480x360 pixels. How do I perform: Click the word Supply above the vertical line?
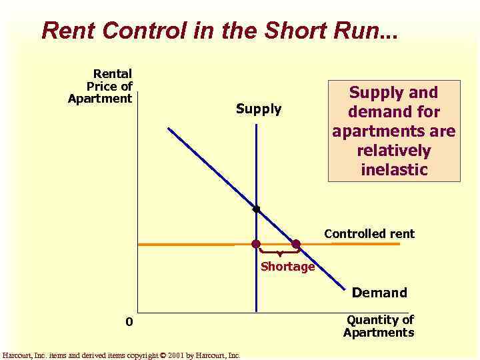coord(259,109)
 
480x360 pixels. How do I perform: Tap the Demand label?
coord(379,292)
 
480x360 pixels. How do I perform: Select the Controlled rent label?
coord(369,233)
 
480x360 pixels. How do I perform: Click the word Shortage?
coord(287,267)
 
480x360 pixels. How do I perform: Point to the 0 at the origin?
coord(130,323)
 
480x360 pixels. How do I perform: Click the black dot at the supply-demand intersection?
coord(256,209)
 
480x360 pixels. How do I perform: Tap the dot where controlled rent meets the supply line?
coord(255,244)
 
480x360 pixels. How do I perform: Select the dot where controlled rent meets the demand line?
coord(296,244)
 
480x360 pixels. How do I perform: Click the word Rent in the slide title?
coord(63,30)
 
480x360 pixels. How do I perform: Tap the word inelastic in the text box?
coord(394,169)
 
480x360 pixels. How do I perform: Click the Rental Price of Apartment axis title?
coord(103,86)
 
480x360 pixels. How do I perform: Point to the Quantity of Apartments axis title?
coord(379,326)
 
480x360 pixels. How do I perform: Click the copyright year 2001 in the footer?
coord(177,355)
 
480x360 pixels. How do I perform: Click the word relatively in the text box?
coord(394,150)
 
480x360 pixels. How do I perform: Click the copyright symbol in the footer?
coord(163,355)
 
